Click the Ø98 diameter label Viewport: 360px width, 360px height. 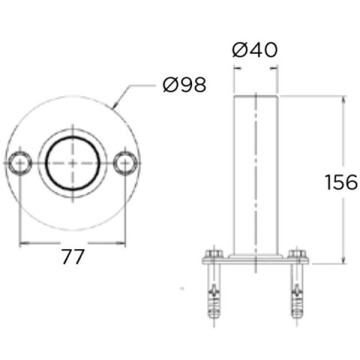click(x=184, y=85)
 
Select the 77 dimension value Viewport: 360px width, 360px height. click(x=72, y=257)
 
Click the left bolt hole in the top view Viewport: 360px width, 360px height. click(x=19, y=162)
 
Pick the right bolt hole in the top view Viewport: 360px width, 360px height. click(x=126, y=162)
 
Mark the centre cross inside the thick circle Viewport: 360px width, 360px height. click(x=73, y=162)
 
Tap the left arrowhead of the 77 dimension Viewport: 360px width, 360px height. click(x=22, y=242)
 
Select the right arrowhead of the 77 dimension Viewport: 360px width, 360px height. click(x=124, y=242)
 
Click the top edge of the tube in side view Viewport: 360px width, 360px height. click(x=255, y=96)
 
